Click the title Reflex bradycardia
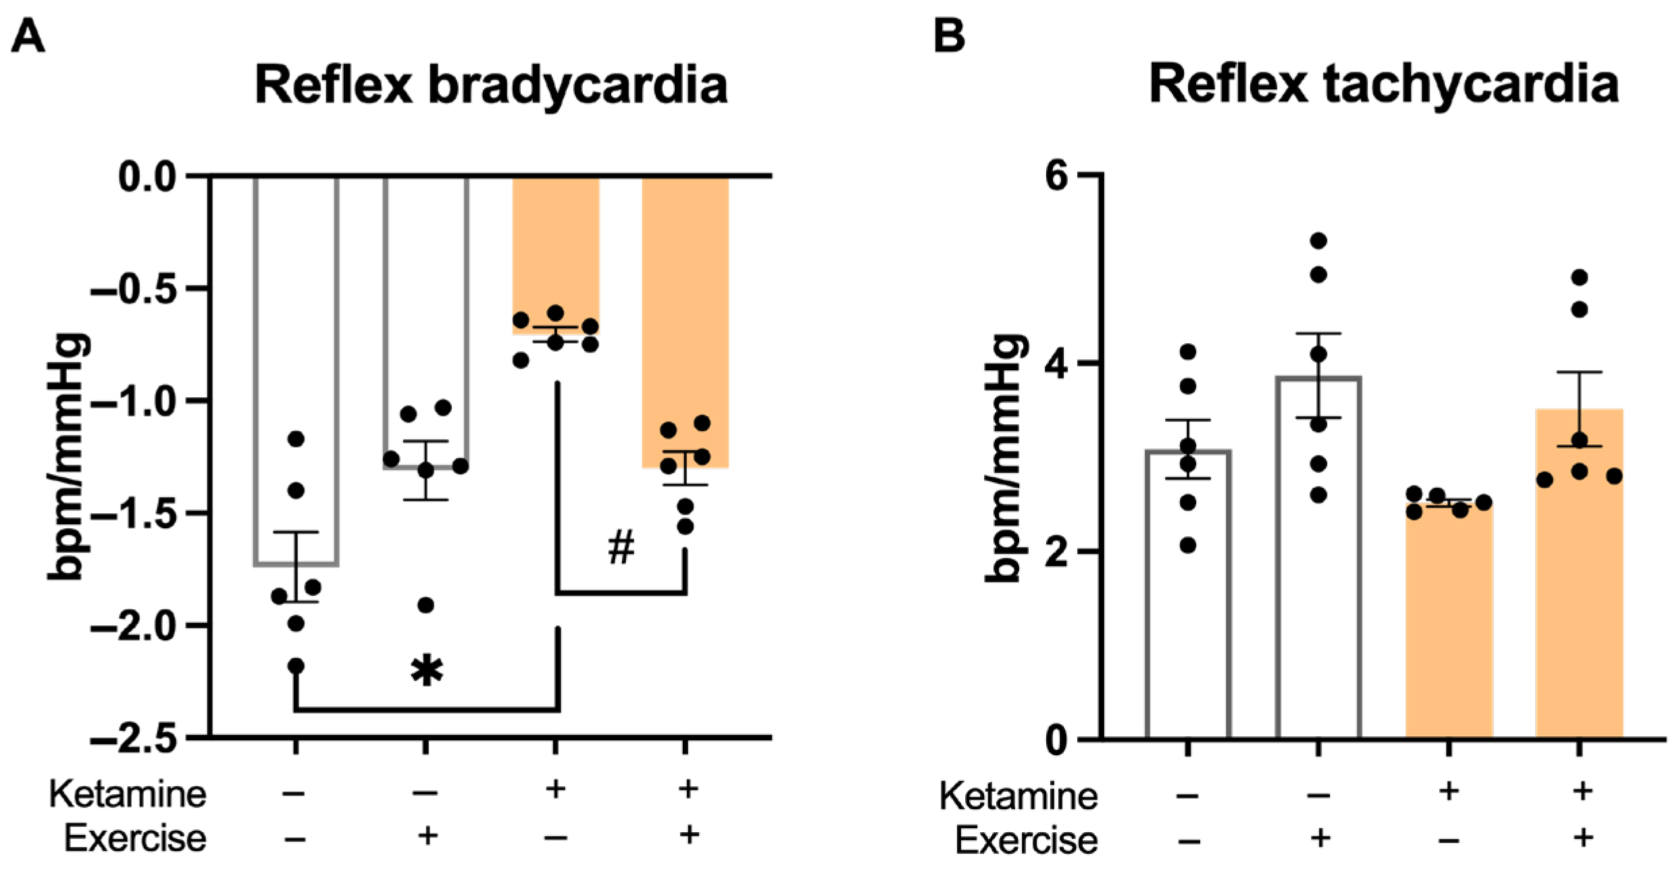[491, 86]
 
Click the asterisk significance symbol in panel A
[427, 671]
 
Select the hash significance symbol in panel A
[621, 547]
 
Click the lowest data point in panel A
[296, 666]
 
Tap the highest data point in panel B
[1318, 241]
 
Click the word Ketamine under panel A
[128, 794]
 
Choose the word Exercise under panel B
[1026, 841]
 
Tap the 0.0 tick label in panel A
[147, 177]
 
